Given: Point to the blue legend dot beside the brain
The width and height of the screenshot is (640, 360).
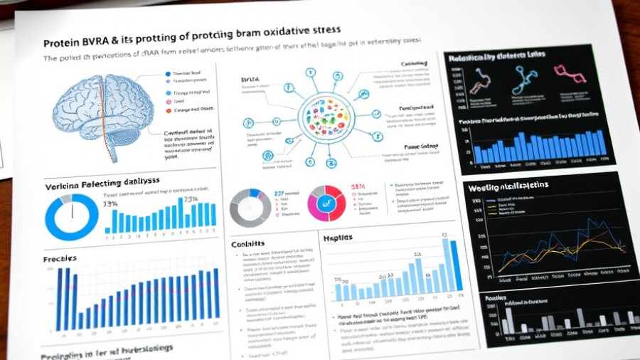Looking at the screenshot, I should click(x=168, y=74).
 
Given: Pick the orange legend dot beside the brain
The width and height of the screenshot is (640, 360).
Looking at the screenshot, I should click(x=169, y=110).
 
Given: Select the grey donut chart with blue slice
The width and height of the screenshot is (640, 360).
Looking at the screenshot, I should click(x=250, y=207).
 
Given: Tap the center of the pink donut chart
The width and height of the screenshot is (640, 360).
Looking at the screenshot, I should click(x=326, y=203).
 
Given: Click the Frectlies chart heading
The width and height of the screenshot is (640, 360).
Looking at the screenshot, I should click(x=60, y=258).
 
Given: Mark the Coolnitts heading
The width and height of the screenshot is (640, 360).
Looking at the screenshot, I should click(x=248, y=244).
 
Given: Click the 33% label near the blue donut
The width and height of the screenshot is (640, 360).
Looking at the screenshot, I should click(x=110, y=205).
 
